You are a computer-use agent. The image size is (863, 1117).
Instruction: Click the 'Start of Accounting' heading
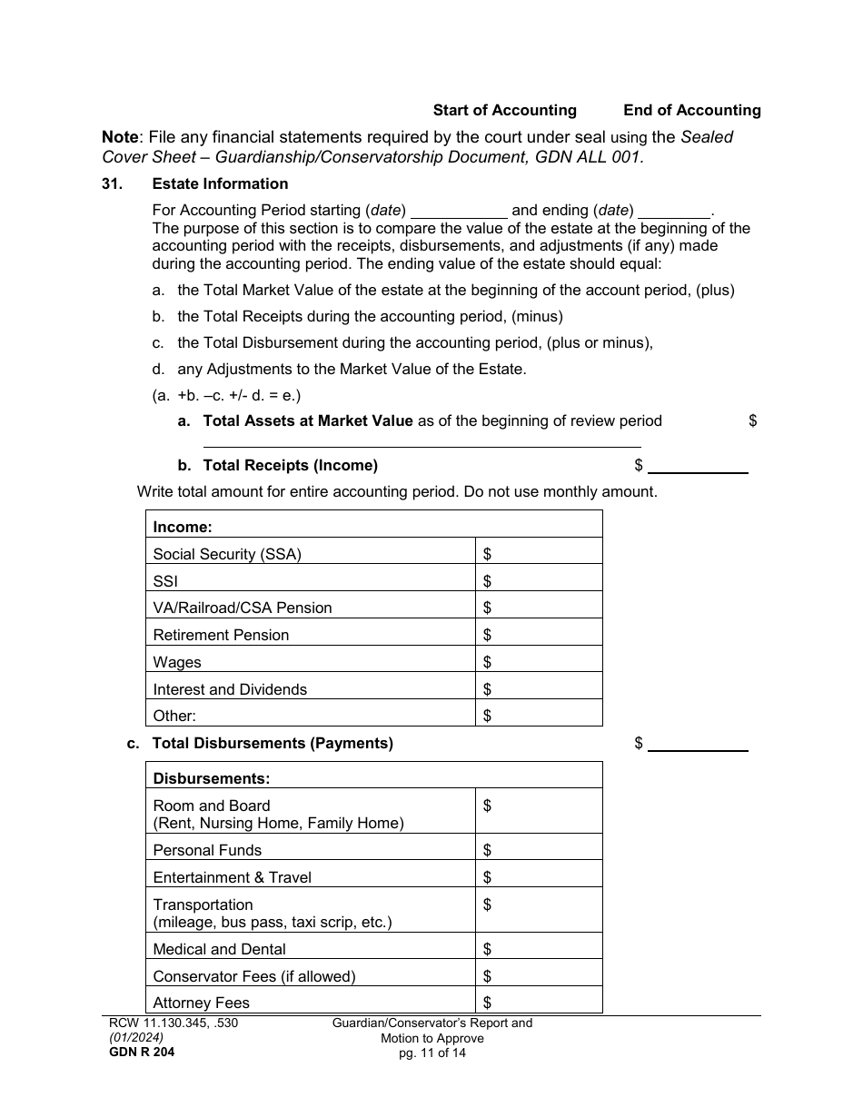[x=504, y=110]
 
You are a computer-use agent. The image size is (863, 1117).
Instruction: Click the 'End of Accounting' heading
[x=691, y=110]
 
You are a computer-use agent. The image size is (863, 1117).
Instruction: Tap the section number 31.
[x=112, y=183]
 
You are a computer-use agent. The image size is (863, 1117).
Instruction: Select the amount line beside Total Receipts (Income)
[x=697, y=467]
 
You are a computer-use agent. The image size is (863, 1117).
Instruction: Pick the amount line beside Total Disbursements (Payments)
[x=697, y=745]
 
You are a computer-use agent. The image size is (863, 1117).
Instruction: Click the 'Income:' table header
[x=183, y=527]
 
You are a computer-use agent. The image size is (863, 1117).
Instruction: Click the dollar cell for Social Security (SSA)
[x=539, y=553]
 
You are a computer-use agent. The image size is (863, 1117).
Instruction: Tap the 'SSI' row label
[x=165, y=580]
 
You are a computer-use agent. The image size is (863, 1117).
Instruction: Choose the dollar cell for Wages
[x=539, y=661]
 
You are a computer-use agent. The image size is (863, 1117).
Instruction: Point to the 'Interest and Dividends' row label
[x=230, y=689]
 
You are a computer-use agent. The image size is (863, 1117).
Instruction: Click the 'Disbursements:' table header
[x=211, y=778]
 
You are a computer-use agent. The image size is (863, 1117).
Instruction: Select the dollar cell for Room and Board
[x=539, y=811]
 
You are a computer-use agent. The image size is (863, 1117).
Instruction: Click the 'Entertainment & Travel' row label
[x=232, y=877]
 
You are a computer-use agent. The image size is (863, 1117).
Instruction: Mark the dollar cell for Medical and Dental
[x=539, y=949]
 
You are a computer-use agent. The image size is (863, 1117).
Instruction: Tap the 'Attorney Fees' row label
[x=201, y=1003]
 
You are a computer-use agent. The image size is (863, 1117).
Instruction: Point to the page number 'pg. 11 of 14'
[x=432, y=1053]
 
